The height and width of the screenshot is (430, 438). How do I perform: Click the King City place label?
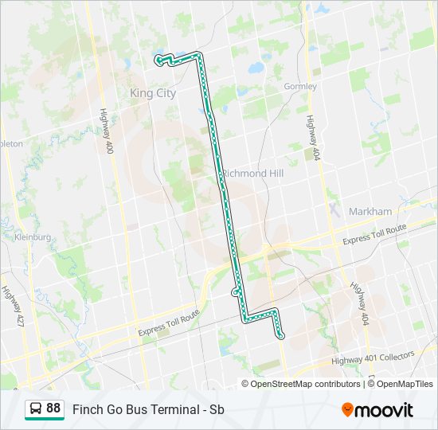point(153,93)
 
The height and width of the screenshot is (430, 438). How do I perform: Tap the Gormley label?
point(300,86)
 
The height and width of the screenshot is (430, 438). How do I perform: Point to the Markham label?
point(370,211)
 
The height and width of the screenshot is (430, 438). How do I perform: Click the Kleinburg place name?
point(32,237)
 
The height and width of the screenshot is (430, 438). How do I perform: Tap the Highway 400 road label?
point(104,132)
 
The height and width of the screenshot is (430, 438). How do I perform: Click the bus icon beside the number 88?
point(37,408)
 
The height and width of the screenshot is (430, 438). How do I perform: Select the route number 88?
point(53,408)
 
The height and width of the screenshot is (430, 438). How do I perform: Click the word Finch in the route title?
point(87,409)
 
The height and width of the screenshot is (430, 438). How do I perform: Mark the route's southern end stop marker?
point(281,337)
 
